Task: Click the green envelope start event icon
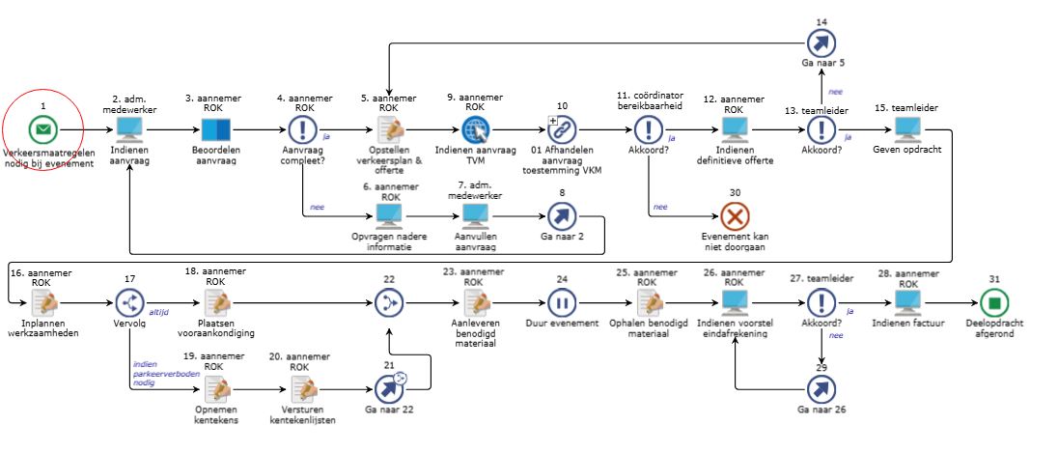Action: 43,128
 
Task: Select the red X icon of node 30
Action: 735,216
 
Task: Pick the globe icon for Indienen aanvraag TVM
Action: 476,128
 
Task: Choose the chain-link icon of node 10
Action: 562,128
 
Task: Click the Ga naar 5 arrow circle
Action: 821,42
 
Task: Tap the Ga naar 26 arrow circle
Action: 821,389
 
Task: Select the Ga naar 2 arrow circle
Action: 562,216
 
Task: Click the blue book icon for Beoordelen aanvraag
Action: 216,129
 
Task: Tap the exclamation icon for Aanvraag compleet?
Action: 303,128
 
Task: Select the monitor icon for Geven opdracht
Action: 907,128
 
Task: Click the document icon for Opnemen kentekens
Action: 216,389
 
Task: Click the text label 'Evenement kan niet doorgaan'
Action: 735,241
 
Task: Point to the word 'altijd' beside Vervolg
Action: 158,313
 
